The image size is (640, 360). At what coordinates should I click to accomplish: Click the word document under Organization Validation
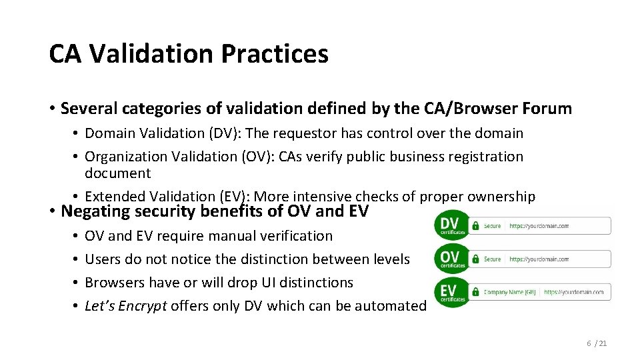118,173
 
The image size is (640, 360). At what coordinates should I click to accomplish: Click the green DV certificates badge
451,225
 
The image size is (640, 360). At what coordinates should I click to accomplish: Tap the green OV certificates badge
451,258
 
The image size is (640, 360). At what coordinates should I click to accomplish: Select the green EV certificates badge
451,291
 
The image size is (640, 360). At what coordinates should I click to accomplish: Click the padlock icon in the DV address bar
475,226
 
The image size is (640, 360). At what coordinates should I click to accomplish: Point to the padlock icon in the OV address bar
475,259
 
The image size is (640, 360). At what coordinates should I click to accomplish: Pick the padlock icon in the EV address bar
475,292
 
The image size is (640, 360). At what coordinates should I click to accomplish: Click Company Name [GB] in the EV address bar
510,292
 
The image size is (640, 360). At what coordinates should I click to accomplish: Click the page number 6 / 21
597,343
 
